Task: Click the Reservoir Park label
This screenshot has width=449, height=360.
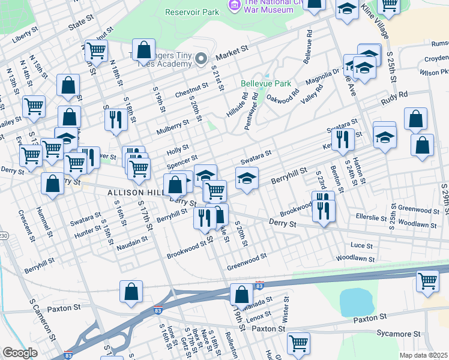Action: pyautogui.click(x=191, y=12)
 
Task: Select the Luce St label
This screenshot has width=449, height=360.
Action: pyautogui.click(x=361, y=245)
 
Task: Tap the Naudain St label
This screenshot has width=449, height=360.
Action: pyautogui.click(x=132, y=241)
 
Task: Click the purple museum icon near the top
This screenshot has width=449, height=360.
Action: pyautogui.click(x=234, y=5)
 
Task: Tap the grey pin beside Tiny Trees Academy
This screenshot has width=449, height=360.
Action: pyautogui.click(x=201, y=58)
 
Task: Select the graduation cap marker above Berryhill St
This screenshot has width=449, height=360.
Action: pyautogui.click(x=247, y=178)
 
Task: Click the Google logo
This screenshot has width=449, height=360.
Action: pyautogui.click(x=20, y=353)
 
